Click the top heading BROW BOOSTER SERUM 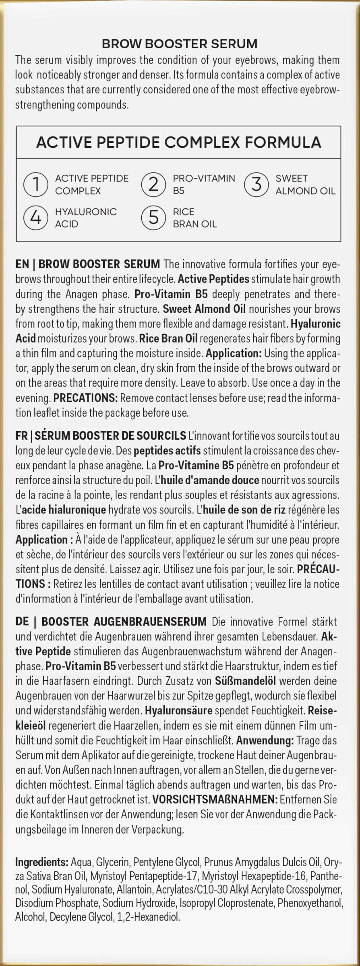[x=180, y=43]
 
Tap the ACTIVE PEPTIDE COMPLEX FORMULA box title [x=179, y=142]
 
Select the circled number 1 [x=35, y=184]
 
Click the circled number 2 [x=153, y=184]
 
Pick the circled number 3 [x=256, y=184]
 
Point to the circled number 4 [x=35, y=218]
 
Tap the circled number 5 [x=153, y=218]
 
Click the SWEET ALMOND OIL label [x=305, y=184]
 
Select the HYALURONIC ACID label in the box [x=85, y=218]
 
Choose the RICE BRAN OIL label [x=194, y=218]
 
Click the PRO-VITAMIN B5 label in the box [x=203, y=184]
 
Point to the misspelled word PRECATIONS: [x=85, y=398]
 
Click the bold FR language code [x=22, y=436]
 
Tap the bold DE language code [x=22, y=621]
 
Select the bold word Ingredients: [x=41, y=862]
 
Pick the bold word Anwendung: [x=265, y=740]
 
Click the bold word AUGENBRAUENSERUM [x=150, y=621]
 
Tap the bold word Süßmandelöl [x=245, y=681]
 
